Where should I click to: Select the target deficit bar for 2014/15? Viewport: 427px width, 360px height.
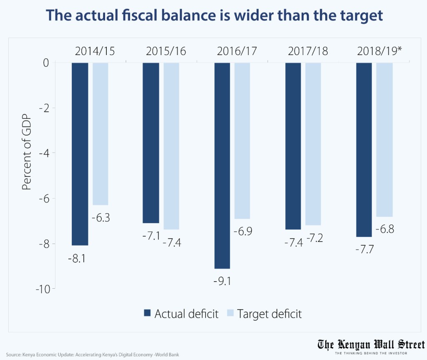[x=100, y=133]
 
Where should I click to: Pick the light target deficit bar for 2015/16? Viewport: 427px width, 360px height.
[x=171, y=146]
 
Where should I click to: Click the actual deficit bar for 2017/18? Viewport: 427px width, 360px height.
[x=293, y=146]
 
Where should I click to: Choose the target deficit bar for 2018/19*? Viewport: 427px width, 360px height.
[x=384, y=140]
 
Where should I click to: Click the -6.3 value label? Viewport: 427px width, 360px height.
[x=100, y=217]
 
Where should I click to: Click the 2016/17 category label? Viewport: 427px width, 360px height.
[x=237, y=51]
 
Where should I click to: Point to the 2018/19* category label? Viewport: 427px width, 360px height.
[x=379, y=51]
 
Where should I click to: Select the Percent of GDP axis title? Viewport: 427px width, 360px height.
[x=26, y=153]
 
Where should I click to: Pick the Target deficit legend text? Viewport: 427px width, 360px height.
[x=269, y=314]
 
